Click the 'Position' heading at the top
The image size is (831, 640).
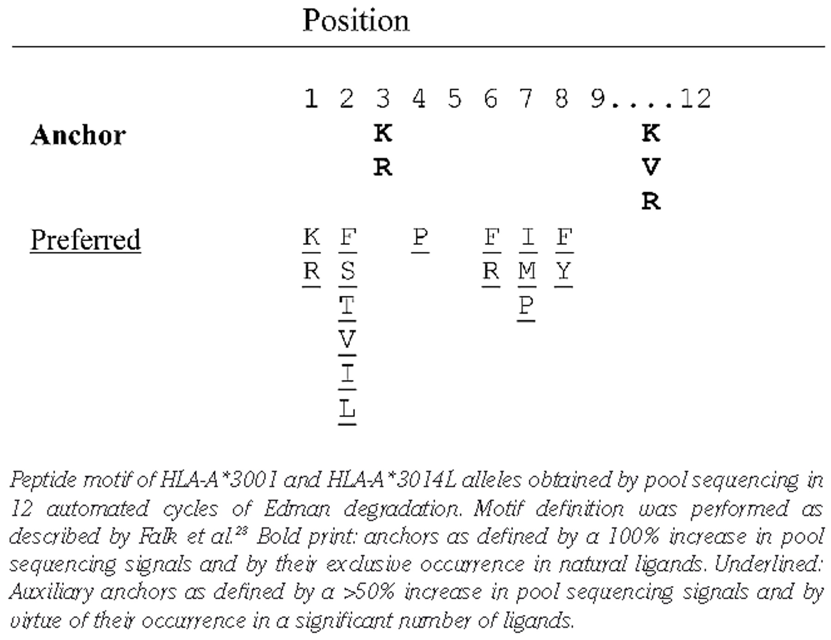click(355, 21)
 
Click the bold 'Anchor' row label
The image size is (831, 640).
click(78, 135)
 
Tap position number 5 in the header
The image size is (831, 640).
click(454, 99)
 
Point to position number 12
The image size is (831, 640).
click(696, 99)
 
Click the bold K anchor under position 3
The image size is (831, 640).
click(383, 133)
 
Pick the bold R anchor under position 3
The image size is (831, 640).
click(383, 167)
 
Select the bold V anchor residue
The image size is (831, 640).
click(651, 167)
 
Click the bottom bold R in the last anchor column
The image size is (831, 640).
click(651, 201)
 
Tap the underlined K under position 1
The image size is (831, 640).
click(311, 237)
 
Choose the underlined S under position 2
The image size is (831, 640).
click(347, 271)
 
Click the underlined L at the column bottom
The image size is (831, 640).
click(347, 408)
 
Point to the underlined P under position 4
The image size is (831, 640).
click(420, 237)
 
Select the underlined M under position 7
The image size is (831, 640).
click(527, 271)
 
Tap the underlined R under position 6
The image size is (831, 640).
click(491, 271)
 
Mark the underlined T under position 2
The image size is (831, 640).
click(347, 305)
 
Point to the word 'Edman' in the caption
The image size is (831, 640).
click(297, 509)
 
